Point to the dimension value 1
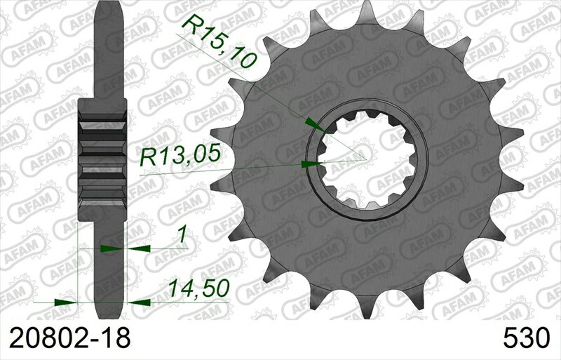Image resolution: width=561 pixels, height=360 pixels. coord(182,236)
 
